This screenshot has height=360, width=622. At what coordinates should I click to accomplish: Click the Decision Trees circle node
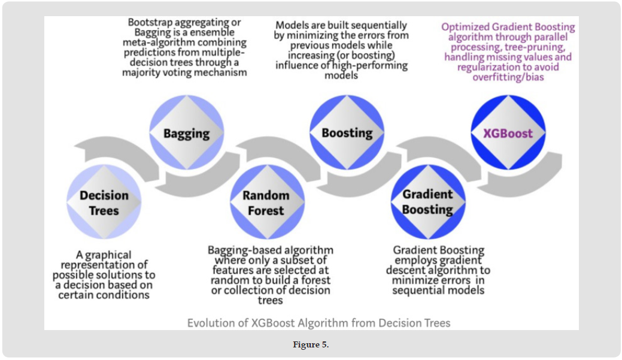click(104, 202)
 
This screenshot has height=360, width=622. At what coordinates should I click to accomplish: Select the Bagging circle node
click(186, 133)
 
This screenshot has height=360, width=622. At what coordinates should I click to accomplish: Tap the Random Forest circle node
click(266, 202)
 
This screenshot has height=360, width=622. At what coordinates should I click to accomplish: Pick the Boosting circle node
click(347, 133)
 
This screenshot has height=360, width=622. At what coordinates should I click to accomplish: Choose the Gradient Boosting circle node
click(427, 202)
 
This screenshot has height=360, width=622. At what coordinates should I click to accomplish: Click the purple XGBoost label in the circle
click(508, 133)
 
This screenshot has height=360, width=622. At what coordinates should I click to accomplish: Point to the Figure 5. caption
click(311, 345)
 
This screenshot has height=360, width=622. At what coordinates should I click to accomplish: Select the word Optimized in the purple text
click(466, 27)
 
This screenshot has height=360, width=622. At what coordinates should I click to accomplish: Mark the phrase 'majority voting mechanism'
click(184, 72)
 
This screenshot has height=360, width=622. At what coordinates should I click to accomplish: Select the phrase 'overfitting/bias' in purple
click(508, 77)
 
